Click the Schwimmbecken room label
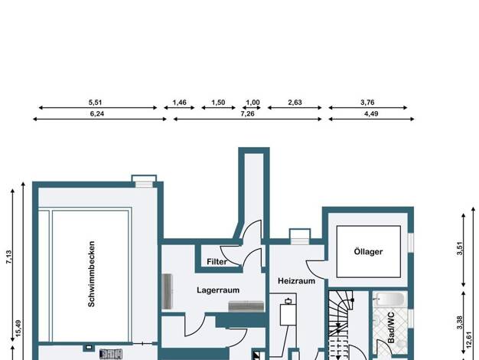(91, 273)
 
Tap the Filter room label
(217, 262)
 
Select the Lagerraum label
(218, 290)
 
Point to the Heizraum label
(296, 281)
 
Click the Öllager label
(368, 251)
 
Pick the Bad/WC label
(391, 328)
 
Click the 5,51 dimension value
(96, 103)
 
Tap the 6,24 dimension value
(97, 114)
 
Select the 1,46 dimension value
(179, 103)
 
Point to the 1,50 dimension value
(218, 103)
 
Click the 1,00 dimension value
(253, 103)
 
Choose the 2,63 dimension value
(295, 103)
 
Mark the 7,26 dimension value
(247, 114)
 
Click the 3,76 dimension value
(367, 103)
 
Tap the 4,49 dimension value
(371, 114)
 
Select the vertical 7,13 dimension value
(8, 257)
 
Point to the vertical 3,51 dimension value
(460, 248)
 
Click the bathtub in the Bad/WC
(391, 299)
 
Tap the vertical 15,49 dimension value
(18, 329)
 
